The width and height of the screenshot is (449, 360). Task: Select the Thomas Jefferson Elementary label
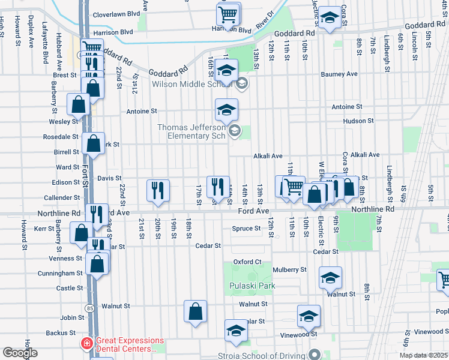(x=191, y=131)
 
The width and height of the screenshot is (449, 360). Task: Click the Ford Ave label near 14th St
(x=253, y=211)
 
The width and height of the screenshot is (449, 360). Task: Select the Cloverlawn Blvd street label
(x=116, y=13)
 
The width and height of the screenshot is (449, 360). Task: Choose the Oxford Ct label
(x=247, y=262)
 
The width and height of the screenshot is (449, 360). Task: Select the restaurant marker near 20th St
(x=158, y=191)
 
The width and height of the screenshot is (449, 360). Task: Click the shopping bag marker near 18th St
(x=196, y=311)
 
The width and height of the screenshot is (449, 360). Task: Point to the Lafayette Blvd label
(x=45, y=43)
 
